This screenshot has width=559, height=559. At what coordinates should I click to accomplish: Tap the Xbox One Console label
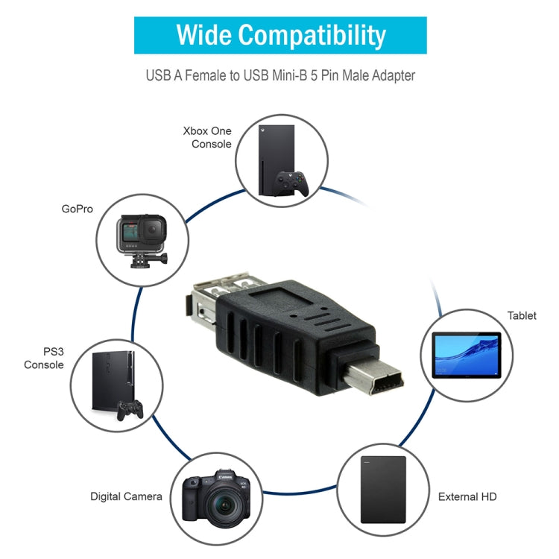[207, 137]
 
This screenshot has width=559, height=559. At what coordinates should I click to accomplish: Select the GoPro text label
[77, 209]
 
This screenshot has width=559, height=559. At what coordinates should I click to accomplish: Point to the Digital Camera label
[126, 496]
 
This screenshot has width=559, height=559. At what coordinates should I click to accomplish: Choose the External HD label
[467, 496]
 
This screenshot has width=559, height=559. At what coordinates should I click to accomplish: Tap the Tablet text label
[522, 316]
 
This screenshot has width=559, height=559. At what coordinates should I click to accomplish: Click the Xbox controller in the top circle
[292, 183]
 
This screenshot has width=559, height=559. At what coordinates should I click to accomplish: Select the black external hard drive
[383, 489]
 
